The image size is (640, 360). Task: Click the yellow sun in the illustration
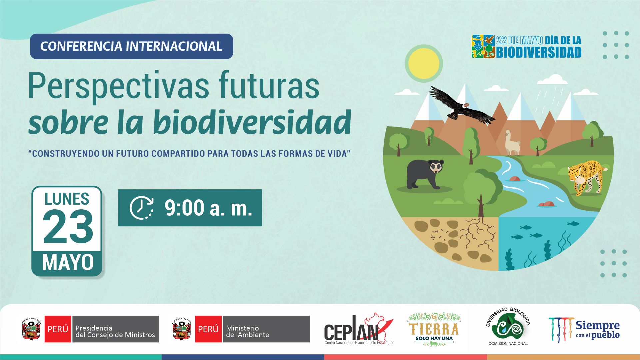[x=424, y=63]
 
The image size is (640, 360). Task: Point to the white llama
[x=512, y=143]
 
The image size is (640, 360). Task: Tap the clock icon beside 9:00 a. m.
[x=142, y=208]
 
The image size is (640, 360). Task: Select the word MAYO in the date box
[x=68, y=262]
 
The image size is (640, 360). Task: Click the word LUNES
[x=67, y=199]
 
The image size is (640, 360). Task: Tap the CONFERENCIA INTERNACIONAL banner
[x=131, y=46]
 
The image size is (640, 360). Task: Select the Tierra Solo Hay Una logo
[x=434, y=329]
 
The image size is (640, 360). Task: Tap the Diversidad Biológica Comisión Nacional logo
[x=508, y=326]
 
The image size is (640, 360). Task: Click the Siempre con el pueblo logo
[x=584, y=330]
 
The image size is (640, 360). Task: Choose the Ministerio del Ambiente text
[x=247, y=331]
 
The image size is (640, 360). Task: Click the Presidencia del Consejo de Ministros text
[x=115, y=331]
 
